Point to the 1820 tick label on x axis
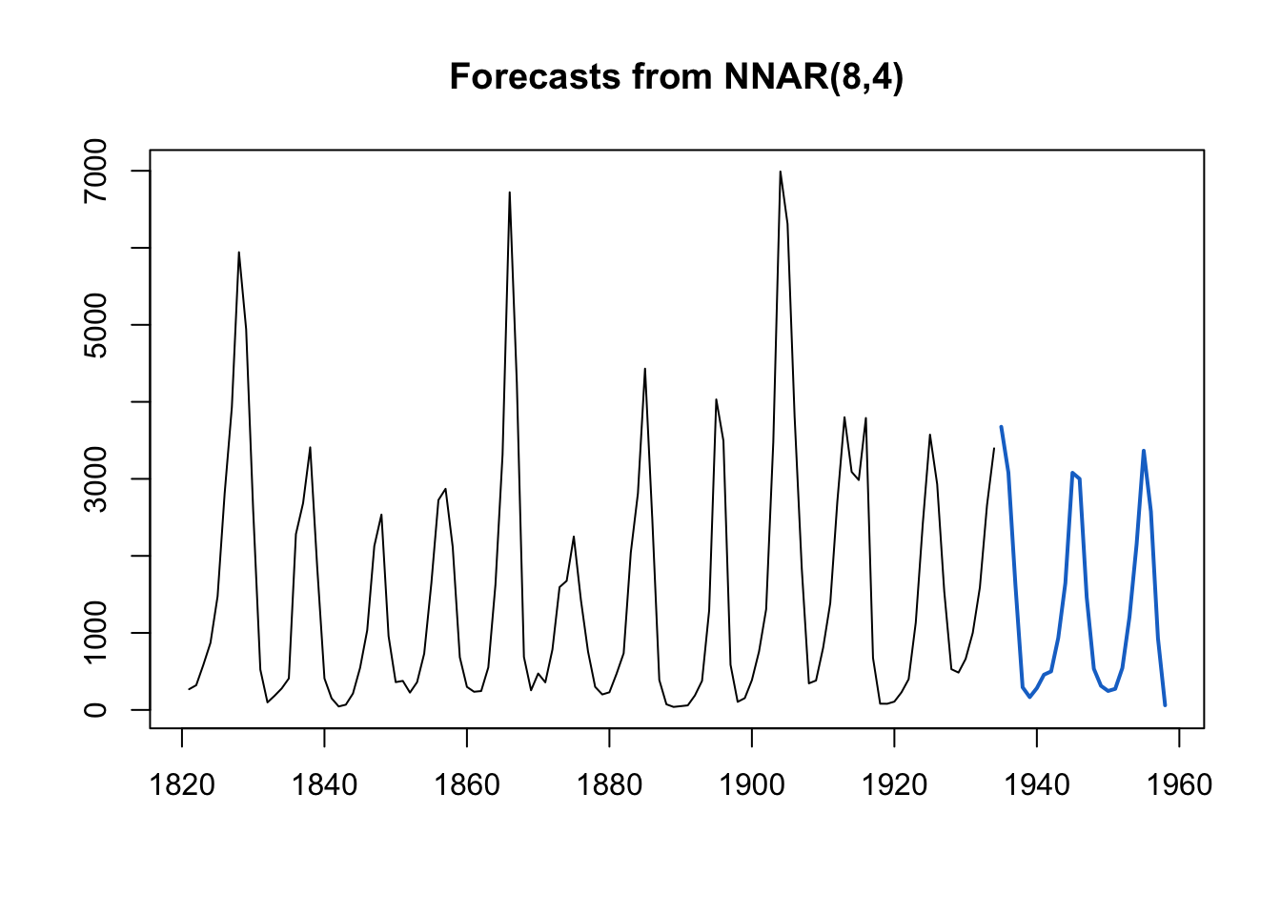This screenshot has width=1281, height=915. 182,784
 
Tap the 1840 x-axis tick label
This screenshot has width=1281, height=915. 324,784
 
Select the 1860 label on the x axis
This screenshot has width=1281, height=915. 467,784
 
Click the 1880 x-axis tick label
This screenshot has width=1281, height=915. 609,784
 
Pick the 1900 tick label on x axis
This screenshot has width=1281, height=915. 752,784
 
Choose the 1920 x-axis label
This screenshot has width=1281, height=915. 894,784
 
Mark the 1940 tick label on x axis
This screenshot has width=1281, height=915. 1037,784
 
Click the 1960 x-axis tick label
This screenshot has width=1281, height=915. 1179,784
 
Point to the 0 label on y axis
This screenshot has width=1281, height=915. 96,710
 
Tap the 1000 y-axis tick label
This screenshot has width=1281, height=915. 96,633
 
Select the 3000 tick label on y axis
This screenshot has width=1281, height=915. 96,478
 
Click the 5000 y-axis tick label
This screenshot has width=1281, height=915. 96,325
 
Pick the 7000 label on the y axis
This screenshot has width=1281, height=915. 96,171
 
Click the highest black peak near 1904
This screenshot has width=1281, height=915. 781,173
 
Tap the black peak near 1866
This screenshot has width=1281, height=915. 510,193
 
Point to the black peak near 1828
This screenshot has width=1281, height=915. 238,253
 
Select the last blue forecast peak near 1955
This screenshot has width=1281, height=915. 1144,451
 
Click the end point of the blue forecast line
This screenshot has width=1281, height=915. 1165,705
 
